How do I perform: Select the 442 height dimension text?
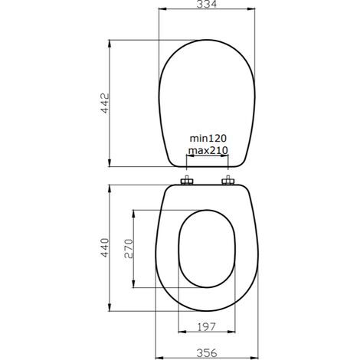click(x=107, y=103)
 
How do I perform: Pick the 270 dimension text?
click(x=129, y=249)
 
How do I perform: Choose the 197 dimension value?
click(x=207, y=327)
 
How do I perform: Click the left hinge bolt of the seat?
click(x=186, y=182)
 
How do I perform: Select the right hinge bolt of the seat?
click(x=227, y=182)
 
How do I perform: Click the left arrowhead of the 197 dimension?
click(x=181, y=333)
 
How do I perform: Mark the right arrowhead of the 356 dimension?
click(x=257, y=357)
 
